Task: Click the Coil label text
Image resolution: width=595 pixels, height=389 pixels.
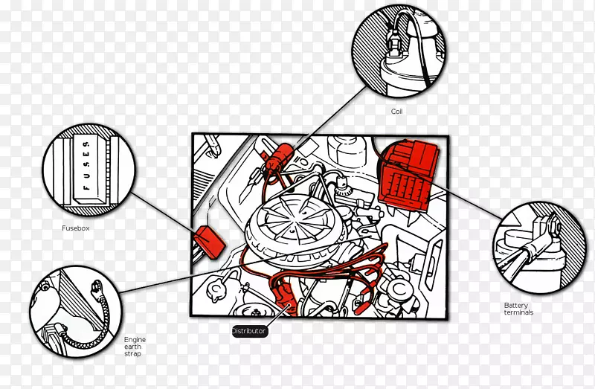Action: pos(396,112)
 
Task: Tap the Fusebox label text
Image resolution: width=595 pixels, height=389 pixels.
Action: pos(76,228)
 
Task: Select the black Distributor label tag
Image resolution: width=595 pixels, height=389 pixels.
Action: pos(249,331)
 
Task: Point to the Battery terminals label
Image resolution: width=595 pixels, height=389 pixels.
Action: pos(518,309)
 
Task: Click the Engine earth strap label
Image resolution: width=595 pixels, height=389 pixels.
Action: pos(135,347)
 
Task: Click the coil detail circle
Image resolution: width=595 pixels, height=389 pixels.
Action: pos(399,51)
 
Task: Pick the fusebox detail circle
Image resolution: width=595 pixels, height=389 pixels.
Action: pos(89,170)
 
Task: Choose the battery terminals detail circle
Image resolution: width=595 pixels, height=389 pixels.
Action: pos(539,248)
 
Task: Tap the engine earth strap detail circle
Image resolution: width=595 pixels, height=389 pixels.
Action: pos(76,312)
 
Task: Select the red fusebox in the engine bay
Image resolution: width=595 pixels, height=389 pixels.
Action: pos(210,242)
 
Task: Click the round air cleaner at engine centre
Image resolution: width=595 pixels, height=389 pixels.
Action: pos(296,224)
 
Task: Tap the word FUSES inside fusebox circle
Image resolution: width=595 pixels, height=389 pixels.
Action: pos(86,165)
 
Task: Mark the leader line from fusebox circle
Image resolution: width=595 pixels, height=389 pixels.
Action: pos(164,212)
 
